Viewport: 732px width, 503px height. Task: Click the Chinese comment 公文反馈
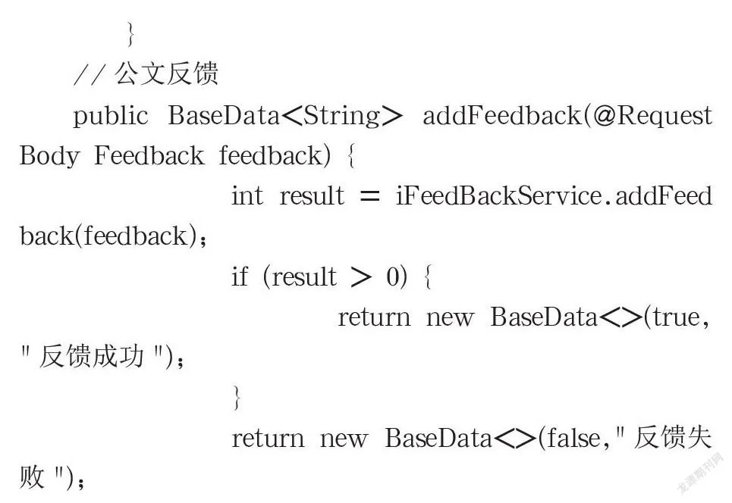pos(166,73)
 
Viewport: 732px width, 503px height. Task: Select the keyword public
pos(111,116)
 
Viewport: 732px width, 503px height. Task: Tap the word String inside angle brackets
pos(341,115)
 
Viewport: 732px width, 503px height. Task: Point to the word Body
pos(49,156)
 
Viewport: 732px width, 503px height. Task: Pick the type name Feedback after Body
pos(149,155)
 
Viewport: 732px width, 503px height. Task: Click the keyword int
pos(247,195)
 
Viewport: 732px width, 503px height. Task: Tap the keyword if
pos(240,276)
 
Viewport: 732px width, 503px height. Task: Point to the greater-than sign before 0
pos(361,277)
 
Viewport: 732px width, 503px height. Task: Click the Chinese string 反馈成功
pos(91,356)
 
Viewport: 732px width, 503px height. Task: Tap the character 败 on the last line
pos(32,477)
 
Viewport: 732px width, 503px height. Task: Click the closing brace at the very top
pos(131,34)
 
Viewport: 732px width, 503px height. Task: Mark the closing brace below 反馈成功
pos(237,398)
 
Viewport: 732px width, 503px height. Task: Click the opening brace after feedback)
pos(351,156)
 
